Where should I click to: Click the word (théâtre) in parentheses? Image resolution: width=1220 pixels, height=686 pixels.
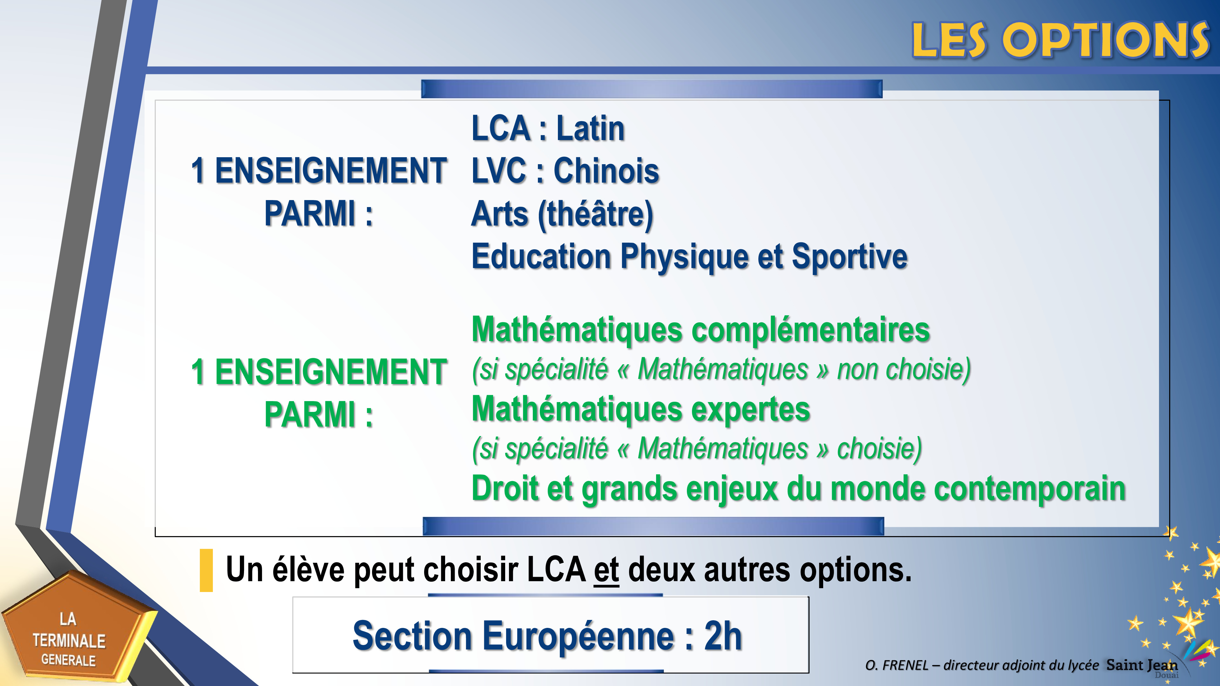pyautogui.click(x=595, y=214)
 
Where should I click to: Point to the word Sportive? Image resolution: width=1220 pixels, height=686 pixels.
pyautogui.click(x=850, y=257)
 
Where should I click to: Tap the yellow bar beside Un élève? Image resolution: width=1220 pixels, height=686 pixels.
pyautogui.click(x=207, y=570)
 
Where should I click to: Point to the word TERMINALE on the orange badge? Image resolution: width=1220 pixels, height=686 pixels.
pyautogui.click(x=69, y=641)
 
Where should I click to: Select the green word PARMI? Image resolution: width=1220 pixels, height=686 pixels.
pyautogui.click(x=310, y=415)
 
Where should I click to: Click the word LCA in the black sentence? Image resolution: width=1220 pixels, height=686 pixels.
pyautogui.click(x=556, y=569)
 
